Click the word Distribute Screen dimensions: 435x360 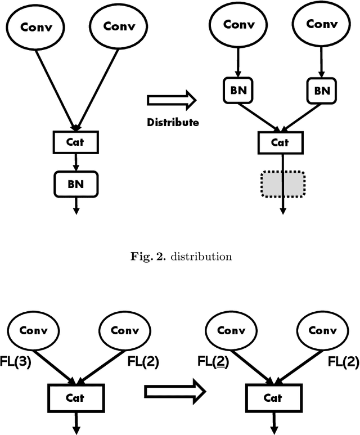(x=173, y=122)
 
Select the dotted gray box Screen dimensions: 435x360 (x=282, y=185)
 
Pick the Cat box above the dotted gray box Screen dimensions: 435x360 (x=280, y=142)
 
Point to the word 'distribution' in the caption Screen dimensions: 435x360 (x=201, y=257)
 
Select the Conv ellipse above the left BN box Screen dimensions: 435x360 (x=238, y=25)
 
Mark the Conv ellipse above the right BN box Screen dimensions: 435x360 (x=321, y=25)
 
